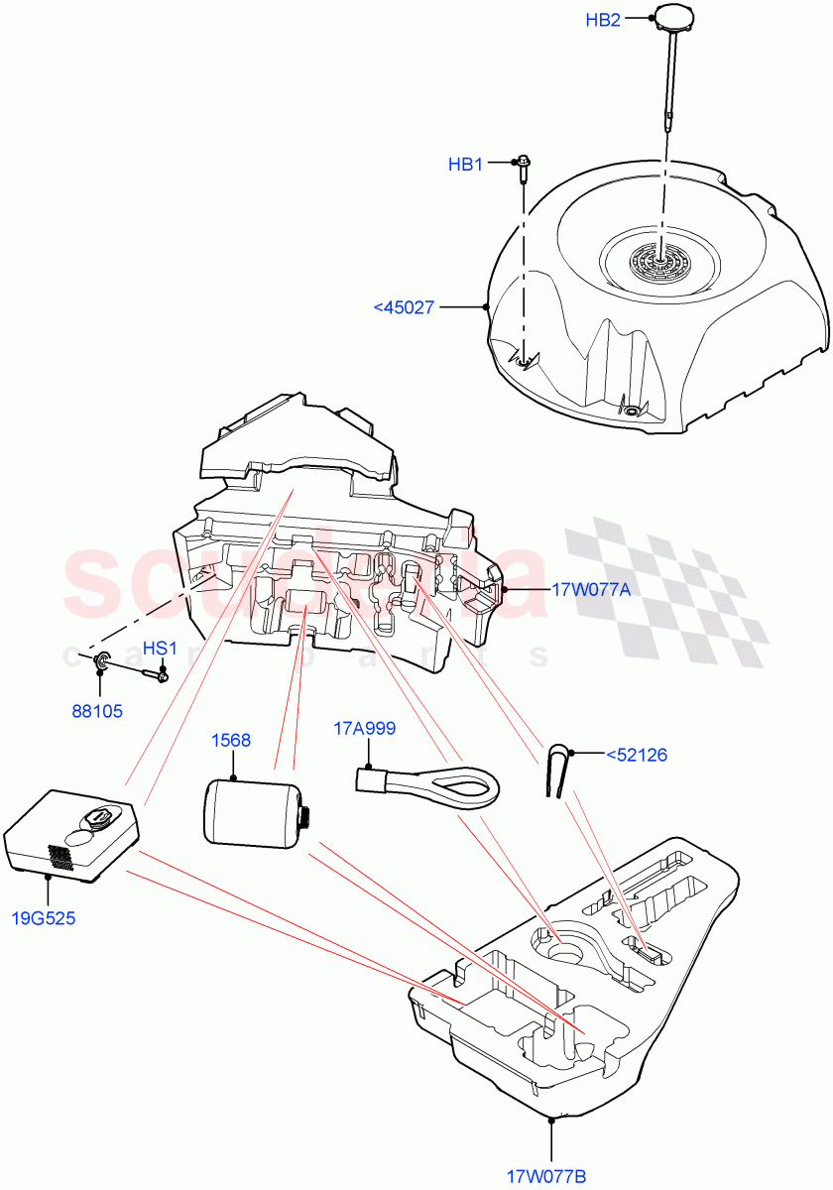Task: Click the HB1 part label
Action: coord(465,165)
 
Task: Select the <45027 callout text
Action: coord(404,307)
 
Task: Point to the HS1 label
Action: coord(159,649)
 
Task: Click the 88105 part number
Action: coord(97,710)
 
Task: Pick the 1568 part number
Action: coord(231,740)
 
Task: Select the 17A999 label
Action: coord(364,729)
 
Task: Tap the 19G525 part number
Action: coord(43,917)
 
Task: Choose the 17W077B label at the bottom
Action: coord(546,1176)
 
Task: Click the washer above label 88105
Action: coord(101,661)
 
